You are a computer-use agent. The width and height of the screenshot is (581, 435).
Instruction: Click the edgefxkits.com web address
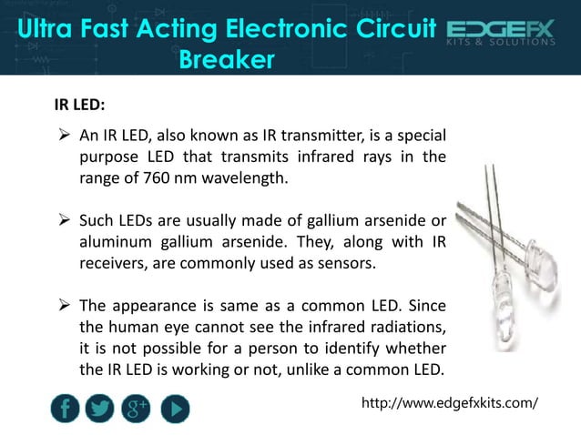(450, 401)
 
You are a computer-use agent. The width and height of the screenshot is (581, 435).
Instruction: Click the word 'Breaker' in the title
(227, 61)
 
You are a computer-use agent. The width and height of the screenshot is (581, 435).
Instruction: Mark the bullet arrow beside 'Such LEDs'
(64, 220)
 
